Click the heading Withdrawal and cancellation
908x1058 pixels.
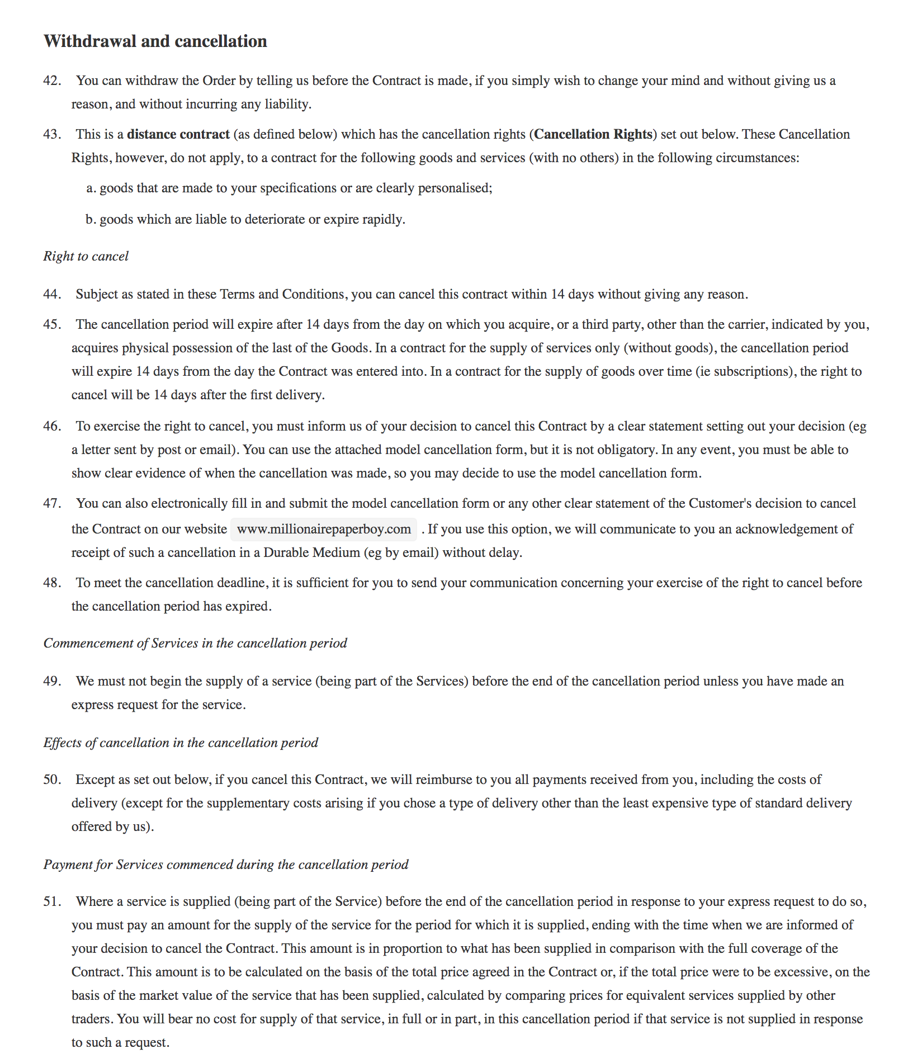(x=155, y=41)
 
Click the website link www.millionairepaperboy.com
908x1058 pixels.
(x=324, y=529)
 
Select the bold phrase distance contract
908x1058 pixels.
(x=178, y=134)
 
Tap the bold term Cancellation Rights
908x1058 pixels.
(x=593, y=134)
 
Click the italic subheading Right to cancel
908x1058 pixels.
(x=86, y=256)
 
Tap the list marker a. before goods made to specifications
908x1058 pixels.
(x=91, y=188)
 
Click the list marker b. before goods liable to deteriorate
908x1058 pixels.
(x=91, y=219)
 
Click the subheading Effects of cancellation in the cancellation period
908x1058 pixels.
(x=181, y=743)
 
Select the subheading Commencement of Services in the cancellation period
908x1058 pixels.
(x=195, y=643)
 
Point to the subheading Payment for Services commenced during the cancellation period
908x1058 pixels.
(x=226, y=865)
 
